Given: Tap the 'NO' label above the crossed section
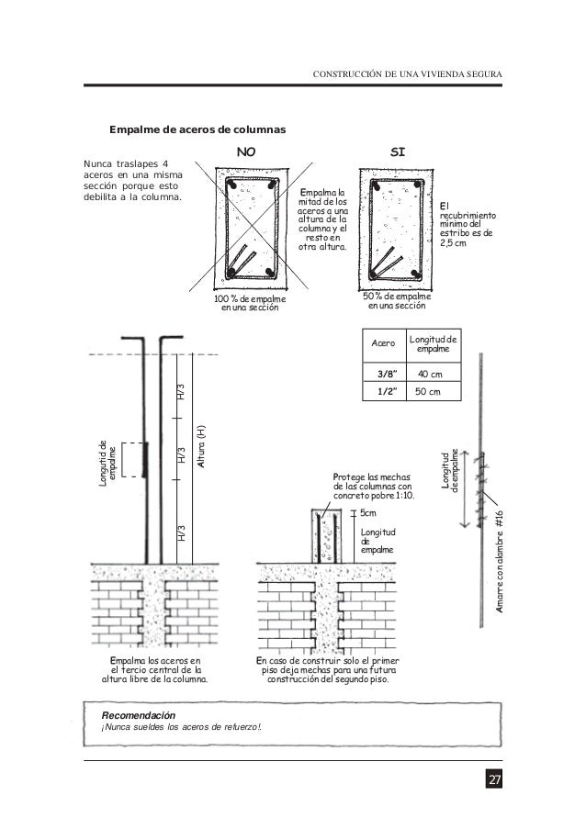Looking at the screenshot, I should click(x=248, y=151).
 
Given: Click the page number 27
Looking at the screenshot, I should click(x=494, y=780).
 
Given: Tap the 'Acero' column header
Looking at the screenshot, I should click(x=379, y=345).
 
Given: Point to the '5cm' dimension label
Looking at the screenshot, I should click(x=368, y=514).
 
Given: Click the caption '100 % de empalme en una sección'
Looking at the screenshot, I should click(x=250, y=303).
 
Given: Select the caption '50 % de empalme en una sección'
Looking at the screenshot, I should click(x=399, y=301).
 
